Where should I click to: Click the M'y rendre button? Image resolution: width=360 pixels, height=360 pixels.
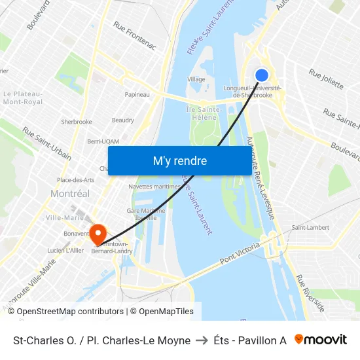click(179, 160)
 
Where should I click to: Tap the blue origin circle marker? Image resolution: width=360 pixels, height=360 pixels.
click(261, 75)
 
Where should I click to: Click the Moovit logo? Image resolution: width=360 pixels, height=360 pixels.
click(320, 340)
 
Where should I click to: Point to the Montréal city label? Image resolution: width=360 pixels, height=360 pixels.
click(70, 194)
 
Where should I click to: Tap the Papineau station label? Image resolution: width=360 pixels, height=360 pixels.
click(137, 94)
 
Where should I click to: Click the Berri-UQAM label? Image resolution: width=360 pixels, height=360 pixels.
click(103, 141)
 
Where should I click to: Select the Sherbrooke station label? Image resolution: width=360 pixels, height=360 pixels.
click(76, 122)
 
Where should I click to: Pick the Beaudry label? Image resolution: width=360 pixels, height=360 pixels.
click(123, 120)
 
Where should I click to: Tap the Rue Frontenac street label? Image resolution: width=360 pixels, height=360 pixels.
click(135, 35)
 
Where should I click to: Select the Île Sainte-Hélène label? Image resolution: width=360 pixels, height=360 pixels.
click(203, 113)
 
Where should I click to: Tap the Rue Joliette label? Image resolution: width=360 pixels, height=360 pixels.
click(326, 81)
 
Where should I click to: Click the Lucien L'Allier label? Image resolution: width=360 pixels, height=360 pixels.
click(65, 251)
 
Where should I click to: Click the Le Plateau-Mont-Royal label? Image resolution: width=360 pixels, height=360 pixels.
click(23, 98)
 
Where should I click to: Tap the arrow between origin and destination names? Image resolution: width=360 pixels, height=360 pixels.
click(200, 340)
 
